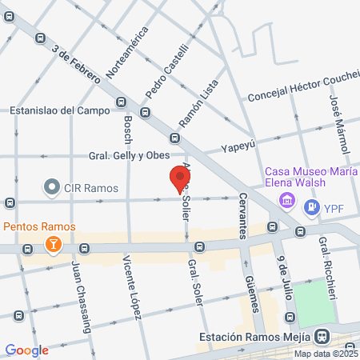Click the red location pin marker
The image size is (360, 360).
click(178, 178)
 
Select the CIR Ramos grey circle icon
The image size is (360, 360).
click(52, 189)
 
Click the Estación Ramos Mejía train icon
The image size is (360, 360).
click(322, 336)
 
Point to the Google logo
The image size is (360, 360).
click(27, 350)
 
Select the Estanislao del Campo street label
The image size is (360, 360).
click(59, 110)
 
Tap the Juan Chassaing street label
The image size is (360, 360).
click(81, 287)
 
